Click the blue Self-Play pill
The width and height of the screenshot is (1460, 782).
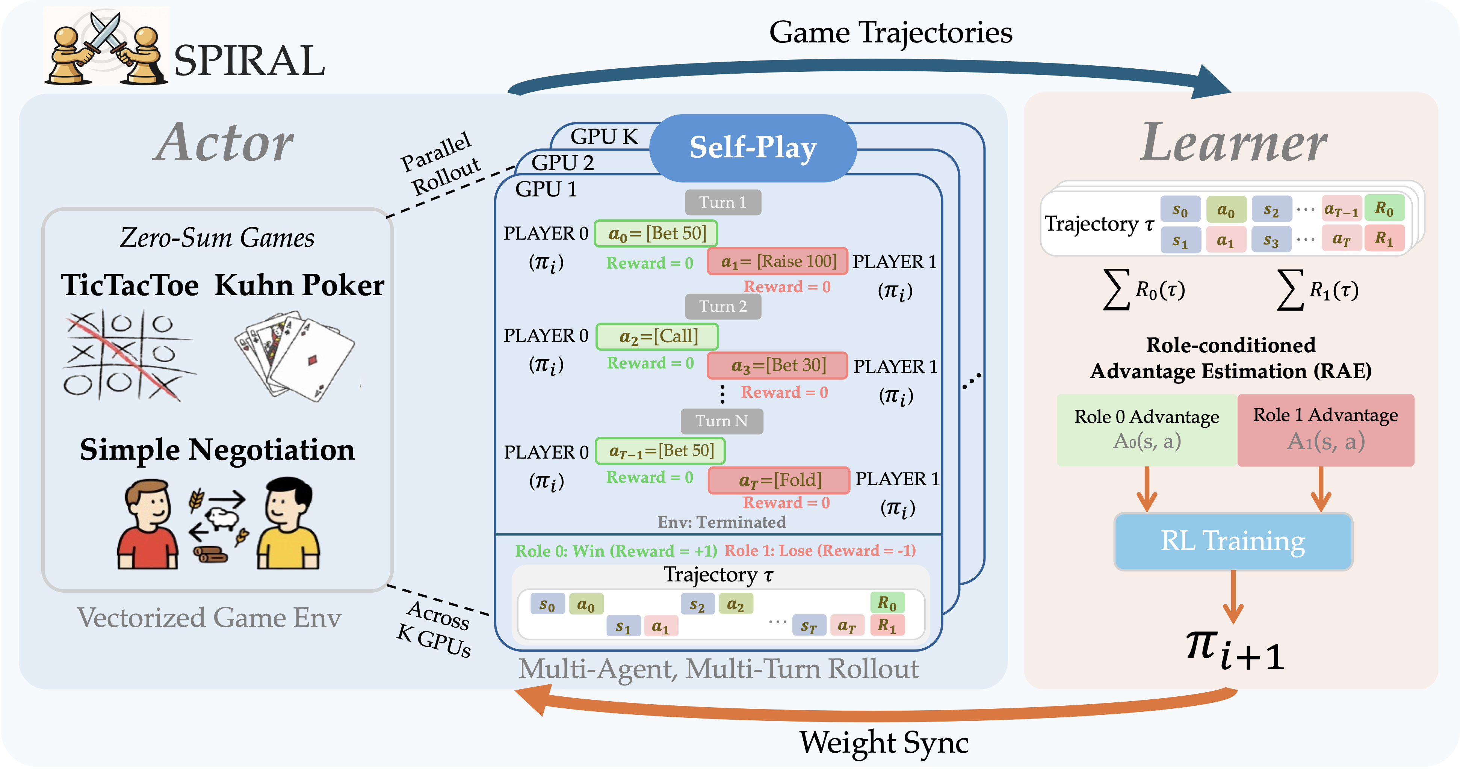[x=753, y=148]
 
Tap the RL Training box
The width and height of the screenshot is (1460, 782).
[x=1233, y=541]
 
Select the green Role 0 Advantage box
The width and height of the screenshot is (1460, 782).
[x=1147, y=430]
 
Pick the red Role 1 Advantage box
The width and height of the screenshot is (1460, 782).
[x=1325, y=430]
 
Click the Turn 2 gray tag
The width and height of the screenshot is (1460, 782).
[x=722, y=306]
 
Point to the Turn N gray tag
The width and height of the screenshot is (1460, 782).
[x=721, y=421]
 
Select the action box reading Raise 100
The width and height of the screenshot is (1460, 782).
[x=778, y=261]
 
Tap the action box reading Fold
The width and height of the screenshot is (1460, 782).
[x=779, y=480]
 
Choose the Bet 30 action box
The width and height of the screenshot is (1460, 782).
[x=778, y=365]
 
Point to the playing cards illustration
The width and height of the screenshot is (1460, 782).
[x=294, y=356]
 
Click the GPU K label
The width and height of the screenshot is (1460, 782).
[x=604, y=137]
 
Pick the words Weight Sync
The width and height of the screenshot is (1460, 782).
[x=884, y=743]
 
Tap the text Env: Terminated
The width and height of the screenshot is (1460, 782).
[x=721, y=522]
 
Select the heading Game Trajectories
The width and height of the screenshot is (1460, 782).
[x=890, y=33]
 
